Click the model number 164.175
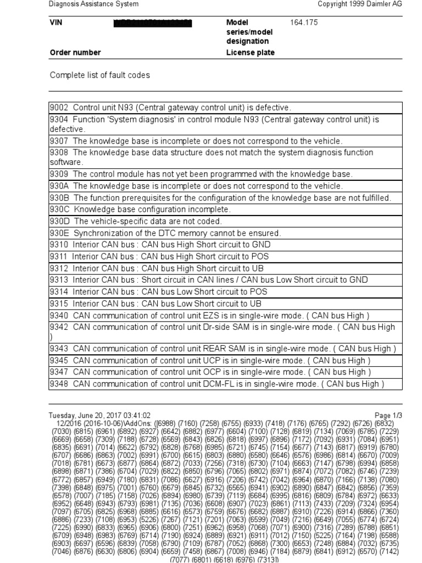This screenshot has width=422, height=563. click(x=304, y=23)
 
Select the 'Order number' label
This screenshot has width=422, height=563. click(x=75, y=53)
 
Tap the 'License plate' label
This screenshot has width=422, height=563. click(x=250, y=53)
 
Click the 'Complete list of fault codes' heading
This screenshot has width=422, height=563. click(x=99, y=75)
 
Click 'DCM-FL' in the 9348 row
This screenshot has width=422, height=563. click(x=216, y=384)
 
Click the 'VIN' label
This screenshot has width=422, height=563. click(x=57, y=23)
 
